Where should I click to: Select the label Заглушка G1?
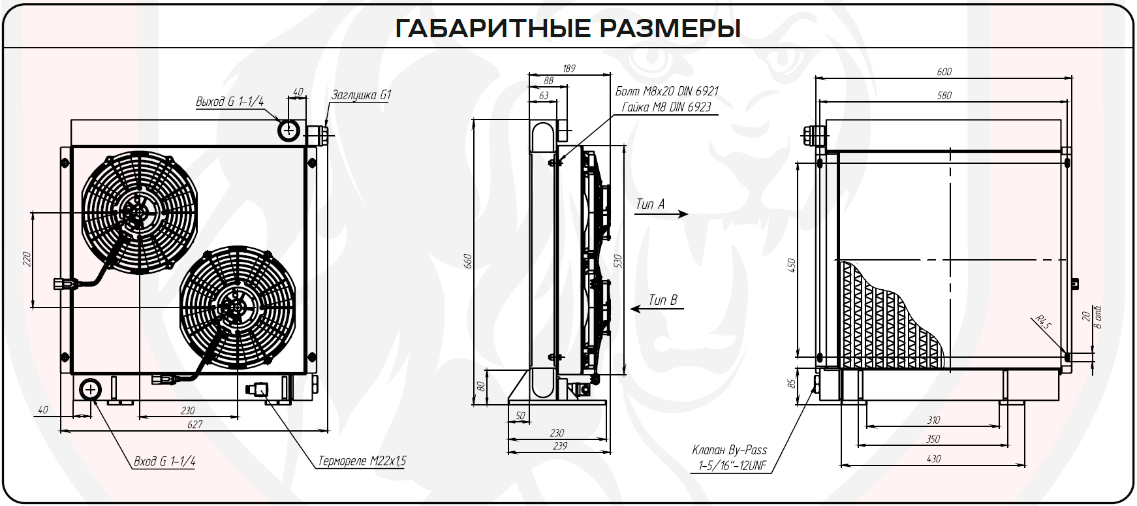(360, 95)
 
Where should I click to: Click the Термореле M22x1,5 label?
(362, 461)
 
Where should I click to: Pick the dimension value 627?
(195, 425)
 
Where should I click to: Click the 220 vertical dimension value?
(27, 260)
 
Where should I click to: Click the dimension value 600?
(944, 71)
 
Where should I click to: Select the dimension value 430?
(933, 459)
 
